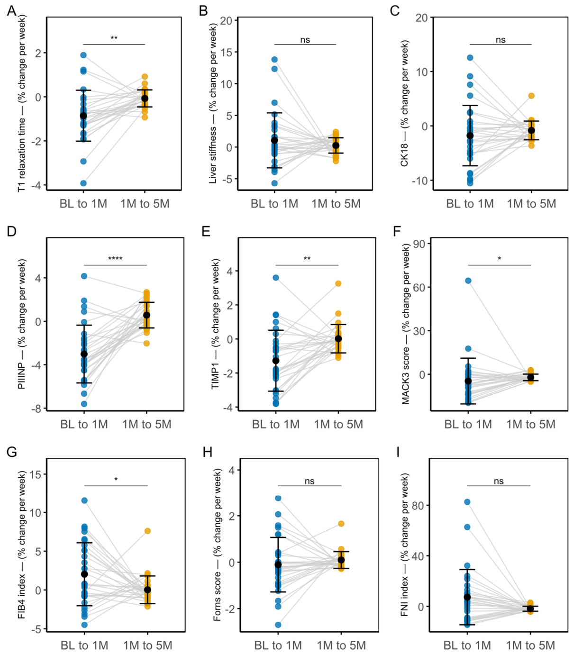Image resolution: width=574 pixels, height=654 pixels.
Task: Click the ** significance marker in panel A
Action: click(114, 38)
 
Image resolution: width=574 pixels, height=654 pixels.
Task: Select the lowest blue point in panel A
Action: click(83, 183)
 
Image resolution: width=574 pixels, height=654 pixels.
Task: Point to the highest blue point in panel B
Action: click(274, 59)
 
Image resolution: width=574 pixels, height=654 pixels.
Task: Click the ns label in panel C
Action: click(501, 40)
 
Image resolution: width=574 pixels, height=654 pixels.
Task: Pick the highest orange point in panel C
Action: click(531, 96)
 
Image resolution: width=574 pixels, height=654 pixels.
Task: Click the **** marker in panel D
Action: click(115, 259)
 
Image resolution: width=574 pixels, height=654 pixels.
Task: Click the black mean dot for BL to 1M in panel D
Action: click(84, 354)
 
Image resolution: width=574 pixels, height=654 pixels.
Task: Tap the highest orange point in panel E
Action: click(338, 283)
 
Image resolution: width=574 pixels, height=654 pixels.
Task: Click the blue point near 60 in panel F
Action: click(468, 281)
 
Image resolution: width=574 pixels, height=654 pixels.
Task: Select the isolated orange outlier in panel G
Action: click(147, 531)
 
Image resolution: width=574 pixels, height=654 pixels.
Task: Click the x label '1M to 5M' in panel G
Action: click(147, 645)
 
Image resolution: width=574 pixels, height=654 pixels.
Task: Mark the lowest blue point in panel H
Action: click(278, 625)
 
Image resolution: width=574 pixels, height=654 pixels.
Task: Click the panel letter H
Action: click(207, 452)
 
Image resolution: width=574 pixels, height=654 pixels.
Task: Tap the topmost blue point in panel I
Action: click(467, 502)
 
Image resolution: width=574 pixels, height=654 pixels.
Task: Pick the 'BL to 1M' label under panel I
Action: click(467, 645)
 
